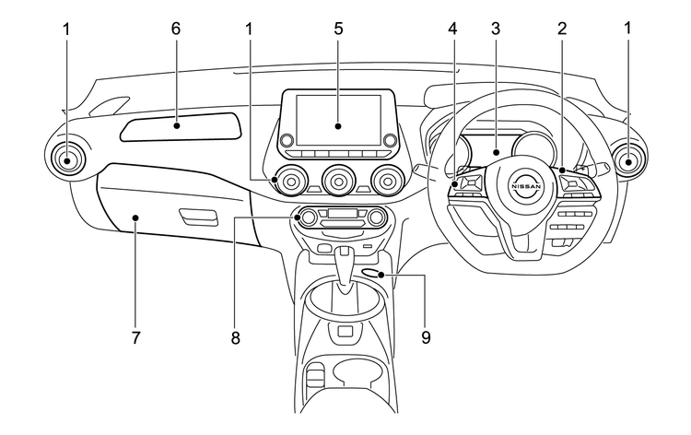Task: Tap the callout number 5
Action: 338,29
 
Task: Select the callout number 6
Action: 176,29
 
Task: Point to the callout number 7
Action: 135,338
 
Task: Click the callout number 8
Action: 236,338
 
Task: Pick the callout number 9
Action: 425,338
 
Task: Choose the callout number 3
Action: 496,29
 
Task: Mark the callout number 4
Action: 452,29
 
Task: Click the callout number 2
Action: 560,29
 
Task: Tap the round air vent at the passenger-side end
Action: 66,159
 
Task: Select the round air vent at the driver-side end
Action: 629,162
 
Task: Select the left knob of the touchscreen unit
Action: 287,140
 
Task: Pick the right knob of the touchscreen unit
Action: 390,140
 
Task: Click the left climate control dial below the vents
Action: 308,217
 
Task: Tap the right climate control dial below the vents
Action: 376,217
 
